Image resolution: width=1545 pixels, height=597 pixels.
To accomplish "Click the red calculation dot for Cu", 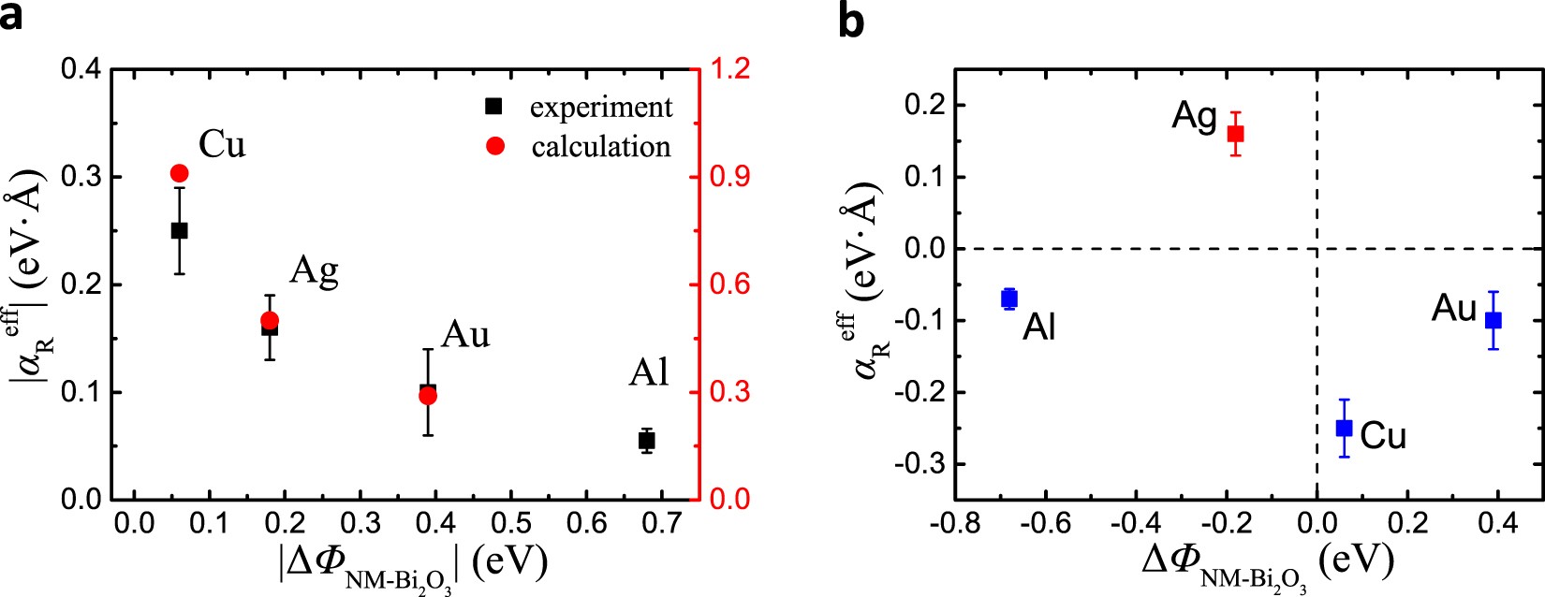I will pyautogui.click(x=180, y=173).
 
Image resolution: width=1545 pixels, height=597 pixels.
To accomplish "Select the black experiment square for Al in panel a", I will pyautogui.click(x=646, y=441).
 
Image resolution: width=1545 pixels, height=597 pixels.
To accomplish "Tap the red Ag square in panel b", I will pyautogui.click(x=1235, y=134).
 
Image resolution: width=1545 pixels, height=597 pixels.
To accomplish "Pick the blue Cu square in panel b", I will pyautogui.click(x=1344, y=428).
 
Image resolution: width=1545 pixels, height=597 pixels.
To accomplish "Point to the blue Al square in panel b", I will pyautogui.click(x=1008, y=298).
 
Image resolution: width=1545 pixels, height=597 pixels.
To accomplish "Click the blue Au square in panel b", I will pyautogui.click(x=1493, y=320).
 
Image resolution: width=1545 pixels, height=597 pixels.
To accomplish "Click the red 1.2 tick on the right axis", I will pyautogui.click(x=730, y=69).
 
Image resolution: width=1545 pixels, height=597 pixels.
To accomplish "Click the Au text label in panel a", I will pyautogui.click(x=465, y=334).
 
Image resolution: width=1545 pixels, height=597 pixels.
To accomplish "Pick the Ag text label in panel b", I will pyautogui.click(x=1194, y=117).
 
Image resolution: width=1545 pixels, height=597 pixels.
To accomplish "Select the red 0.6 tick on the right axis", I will pyautogui.click(x=730, y=284).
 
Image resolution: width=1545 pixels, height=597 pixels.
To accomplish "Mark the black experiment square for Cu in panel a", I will pyautogui.click(x=179, y=230).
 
